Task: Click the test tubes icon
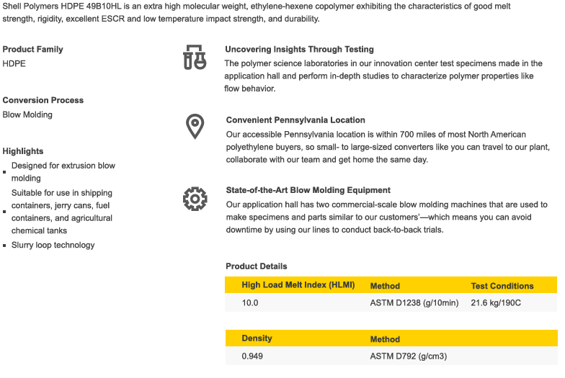click(195, 58)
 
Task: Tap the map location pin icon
click(195, 126)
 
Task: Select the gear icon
click(195, 197)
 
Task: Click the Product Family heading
click(32, 50)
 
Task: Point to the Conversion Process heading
click(43, 100)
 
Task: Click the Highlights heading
click(23, 151)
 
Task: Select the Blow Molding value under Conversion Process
click(27, 114)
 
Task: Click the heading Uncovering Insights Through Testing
click(299, 50)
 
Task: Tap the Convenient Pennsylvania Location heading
click(295, 120)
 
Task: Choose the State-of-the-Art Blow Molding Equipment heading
click(308, 191)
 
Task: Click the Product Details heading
click(257, 266)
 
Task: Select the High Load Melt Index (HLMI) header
click(298, 285)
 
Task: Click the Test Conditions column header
click(502, 286)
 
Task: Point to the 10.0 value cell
click(250, 303)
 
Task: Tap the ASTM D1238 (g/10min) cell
click(414, 303)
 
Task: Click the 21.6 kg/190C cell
click(496, 303)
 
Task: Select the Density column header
click(257, 338)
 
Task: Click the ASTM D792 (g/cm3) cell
click(409, 356)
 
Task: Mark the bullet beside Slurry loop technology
click(4, 246)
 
